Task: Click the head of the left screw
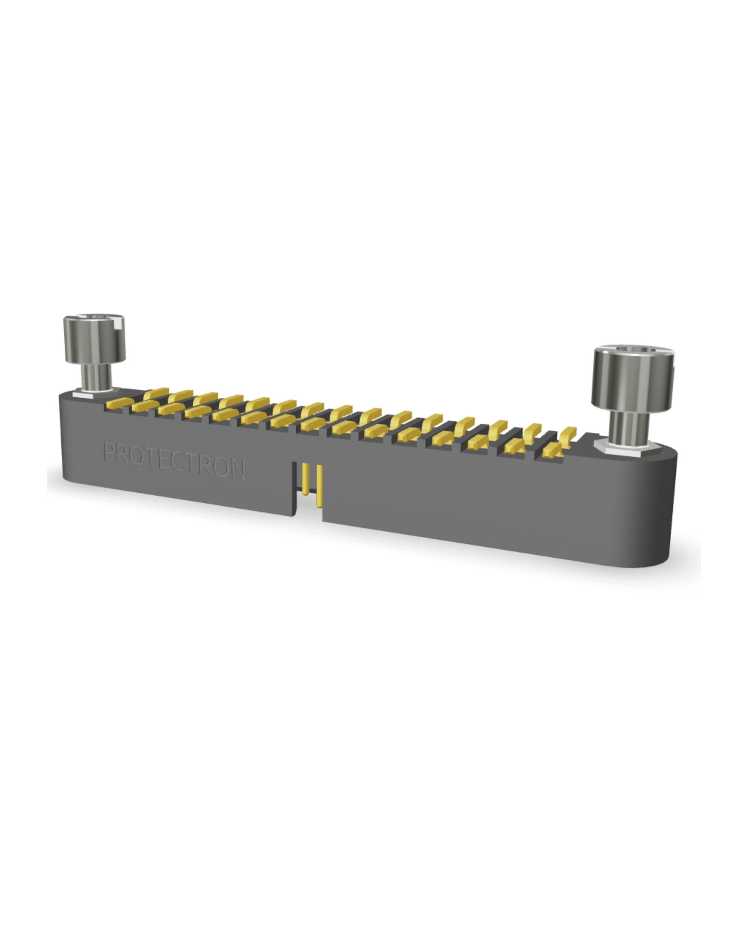(95, 339)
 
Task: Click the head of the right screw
(633, 378)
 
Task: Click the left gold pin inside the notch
(305, 479)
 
